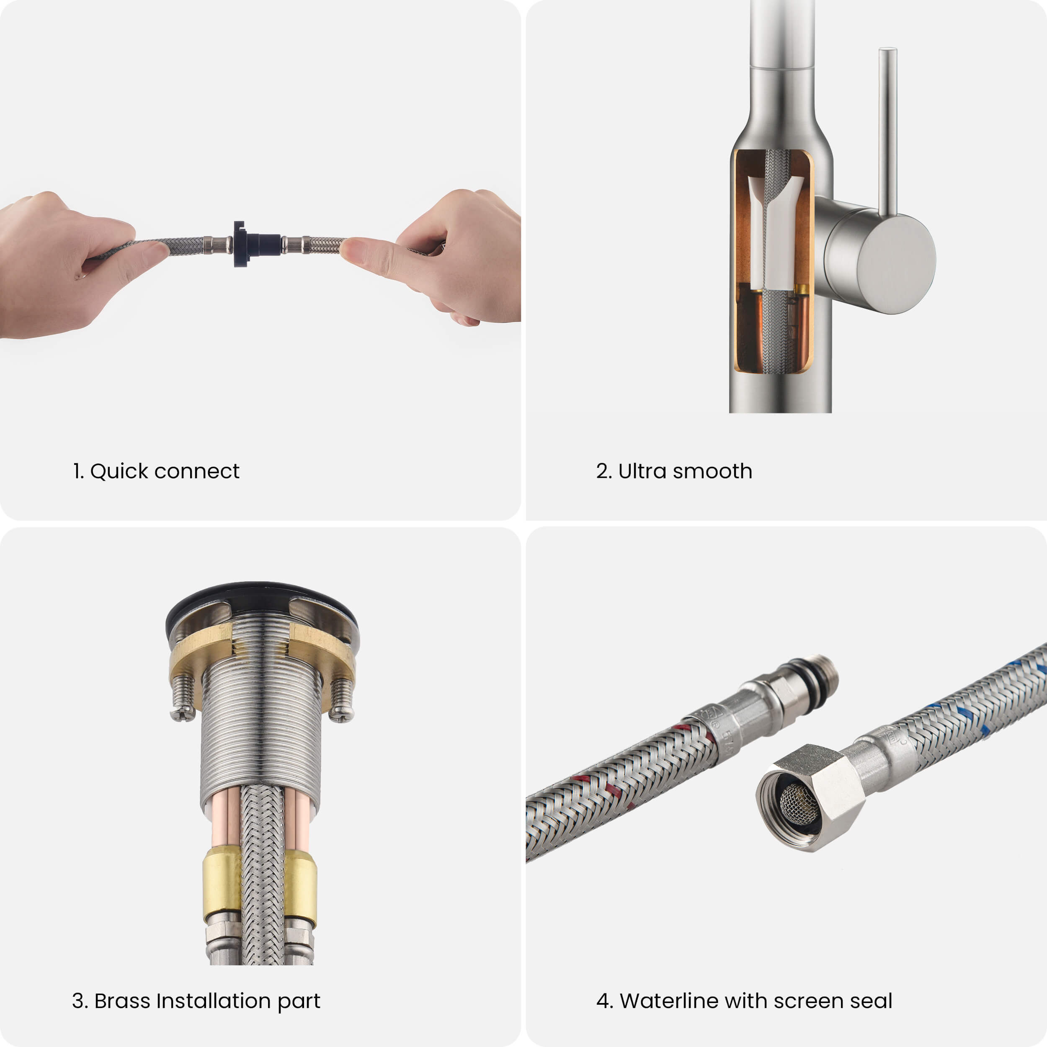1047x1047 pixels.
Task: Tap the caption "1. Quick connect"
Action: [156, 471]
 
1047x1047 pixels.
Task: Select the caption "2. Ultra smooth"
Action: [674, 471]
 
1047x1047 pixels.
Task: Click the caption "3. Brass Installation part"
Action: [196, 1001]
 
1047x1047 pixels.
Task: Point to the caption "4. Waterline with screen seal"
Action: [744, 1001]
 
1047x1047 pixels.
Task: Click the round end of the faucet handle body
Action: [895, 263]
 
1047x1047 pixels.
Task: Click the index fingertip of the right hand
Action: [352, 250]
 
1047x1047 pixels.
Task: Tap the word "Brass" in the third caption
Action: [122, 1001]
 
